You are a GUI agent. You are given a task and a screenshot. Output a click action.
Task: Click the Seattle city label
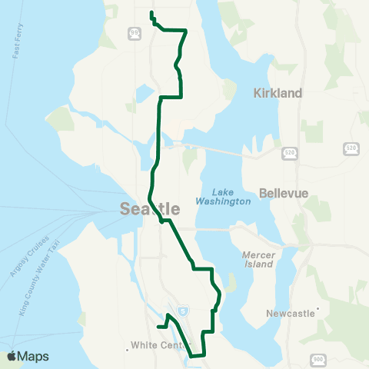coord(150,209)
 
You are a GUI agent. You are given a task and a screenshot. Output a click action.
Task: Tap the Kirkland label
coord(278,92)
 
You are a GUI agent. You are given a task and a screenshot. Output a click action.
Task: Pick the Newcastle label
coord(289,314)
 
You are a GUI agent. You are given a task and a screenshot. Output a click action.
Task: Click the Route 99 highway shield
coord(135,32)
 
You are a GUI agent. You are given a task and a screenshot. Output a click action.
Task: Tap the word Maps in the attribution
coord(35,357)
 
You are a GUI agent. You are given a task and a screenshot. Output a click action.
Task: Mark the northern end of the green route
coord(151,13)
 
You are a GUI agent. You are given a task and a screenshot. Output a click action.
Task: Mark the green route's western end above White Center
coord(157,327)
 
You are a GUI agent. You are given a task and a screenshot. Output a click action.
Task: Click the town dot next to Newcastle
coord(317,311)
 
